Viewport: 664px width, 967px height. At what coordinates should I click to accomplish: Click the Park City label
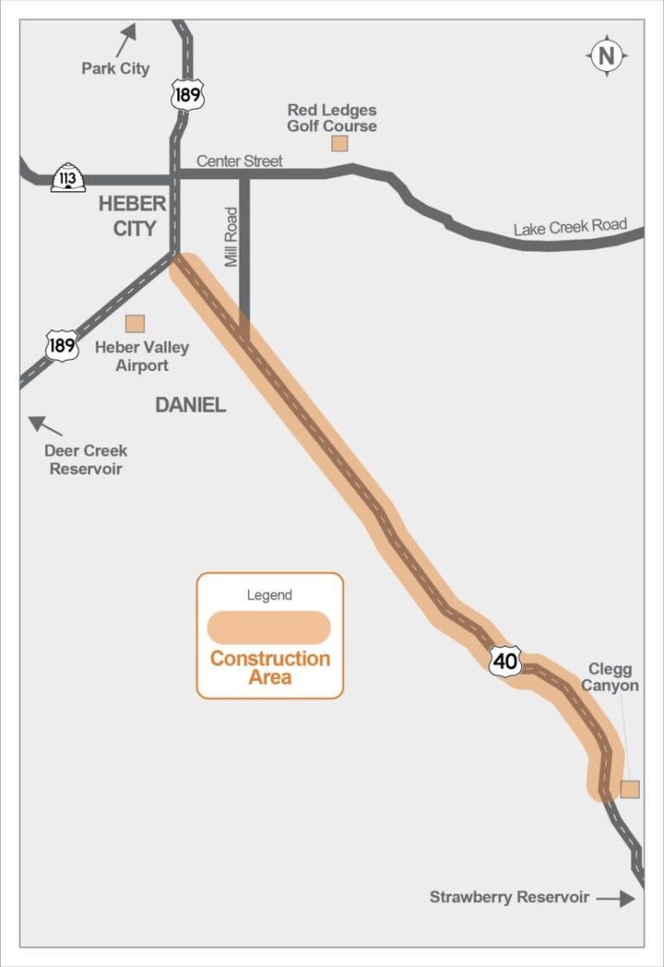coord(115,68)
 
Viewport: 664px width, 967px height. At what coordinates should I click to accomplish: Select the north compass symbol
coord(607,56)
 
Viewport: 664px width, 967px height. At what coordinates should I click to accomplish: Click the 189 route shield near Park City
coord(188,94)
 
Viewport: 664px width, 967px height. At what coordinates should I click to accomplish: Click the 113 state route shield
coord(68,178)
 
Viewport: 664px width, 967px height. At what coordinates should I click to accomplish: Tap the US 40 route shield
coord(506,662)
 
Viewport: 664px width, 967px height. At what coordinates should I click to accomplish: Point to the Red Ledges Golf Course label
coord(332,118)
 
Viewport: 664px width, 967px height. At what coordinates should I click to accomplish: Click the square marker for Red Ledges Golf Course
coord(340,144)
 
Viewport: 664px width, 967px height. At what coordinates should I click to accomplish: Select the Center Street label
coord(239,162)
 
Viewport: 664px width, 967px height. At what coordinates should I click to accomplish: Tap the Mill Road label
coord(231,236)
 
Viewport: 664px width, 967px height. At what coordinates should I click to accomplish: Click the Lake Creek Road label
coord(570,227)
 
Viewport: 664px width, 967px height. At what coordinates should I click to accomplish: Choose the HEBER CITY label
coord(132,216)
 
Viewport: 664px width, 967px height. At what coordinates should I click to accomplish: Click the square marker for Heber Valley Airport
coord(135,323)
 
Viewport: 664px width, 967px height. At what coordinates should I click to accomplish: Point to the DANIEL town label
coord(190,405)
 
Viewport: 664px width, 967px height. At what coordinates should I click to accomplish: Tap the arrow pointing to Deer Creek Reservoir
coord(46,426)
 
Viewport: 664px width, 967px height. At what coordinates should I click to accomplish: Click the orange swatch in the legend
coord(269,627)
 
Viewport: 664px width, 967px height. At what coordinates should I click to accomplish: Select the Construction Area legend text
coord(270,668)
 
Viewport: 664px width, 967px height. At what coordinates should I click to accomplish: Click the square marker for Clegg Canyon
coord(630,789)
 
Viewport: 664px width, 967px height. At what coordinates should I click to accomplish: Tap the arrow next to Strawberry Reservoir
coord(615,899)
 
